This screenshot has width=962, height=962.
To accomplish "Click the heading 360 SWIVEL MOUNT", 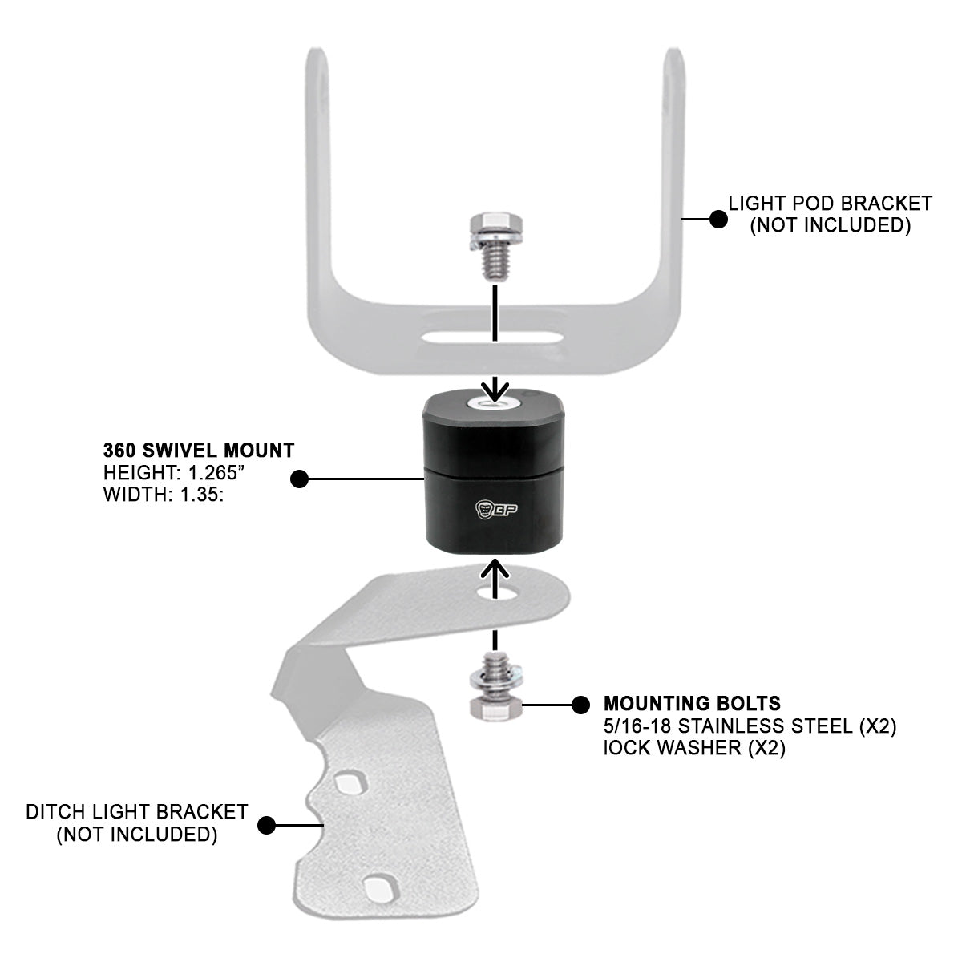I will point(198,449).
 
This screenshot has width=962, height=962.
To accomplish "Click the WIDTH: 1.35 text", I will point(163,495).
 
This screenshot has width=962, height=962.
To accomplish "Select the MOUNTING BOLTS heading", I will point(692,704).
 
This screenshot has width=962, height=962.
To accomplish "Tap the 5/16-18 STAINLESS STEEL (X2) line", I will point(750,727).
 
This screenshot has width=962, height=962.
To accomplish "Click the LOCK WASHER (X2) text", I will point(693,750).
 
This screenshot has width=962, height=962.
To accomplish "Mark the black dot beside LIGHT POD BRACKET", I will point(718,217).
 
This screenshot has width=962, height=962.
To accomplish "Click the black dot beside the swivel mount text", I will point(299,479).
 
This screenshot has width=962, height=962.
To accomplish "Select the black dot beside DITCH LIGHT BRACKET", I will point(267,823).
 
